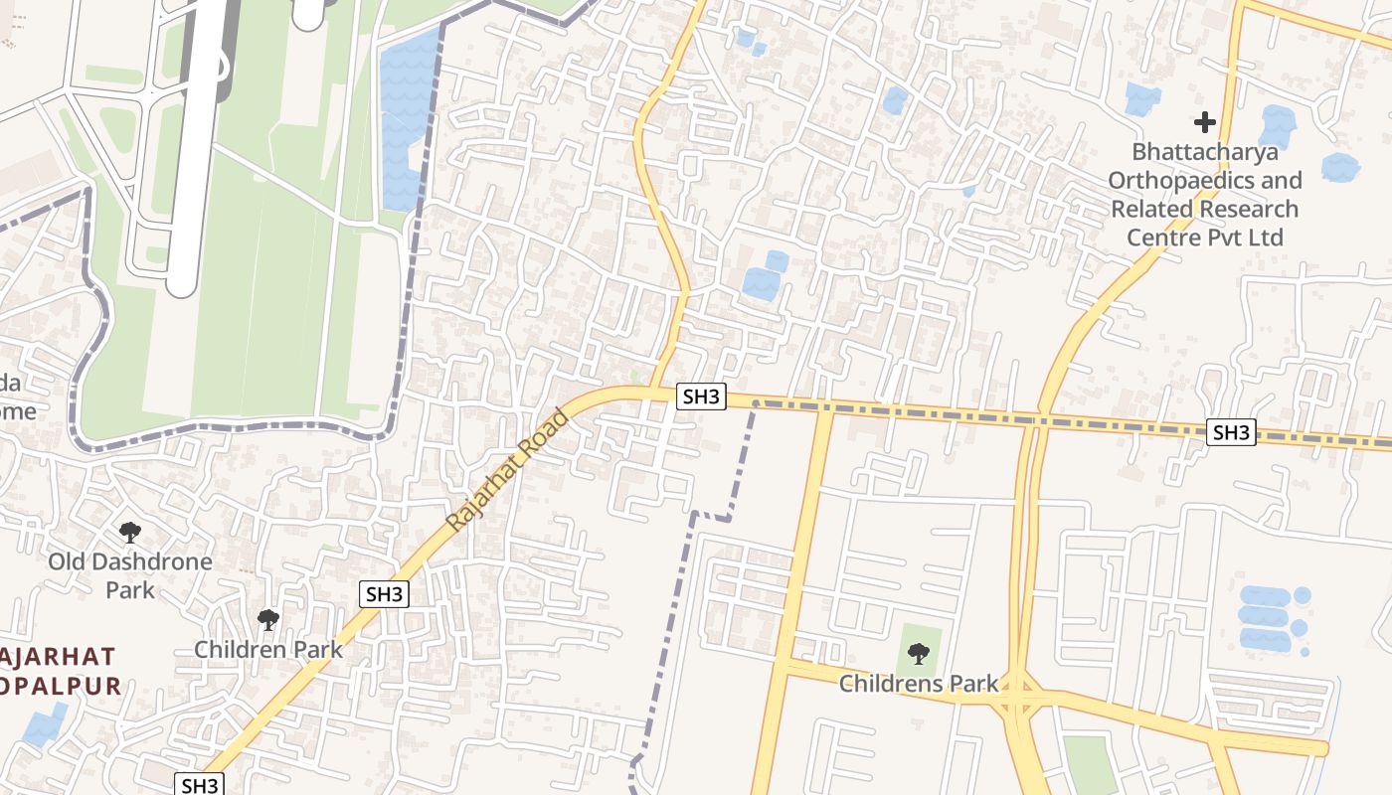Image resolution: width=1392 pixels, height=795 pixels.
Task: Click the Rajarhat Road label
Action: tap(507, 470)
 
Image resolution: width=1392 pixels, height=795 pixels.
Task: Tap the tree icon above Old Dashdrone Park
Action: tap(129, 533)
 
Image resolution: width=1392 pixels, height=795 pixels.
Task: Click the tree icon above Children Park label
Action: tap(267, 620)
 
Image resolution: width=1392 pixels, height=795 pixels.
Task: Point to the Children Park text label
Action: tap(268, 650)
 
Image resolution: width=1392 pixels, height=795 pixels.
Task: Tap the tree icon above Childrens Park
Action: tap(919, 654)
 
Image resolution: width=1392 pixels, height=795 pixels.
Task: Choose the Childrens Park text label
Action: tap(919, 684)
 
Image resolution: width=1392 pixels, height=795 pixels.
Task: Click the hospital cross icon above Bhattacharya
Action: tap(1205, 122)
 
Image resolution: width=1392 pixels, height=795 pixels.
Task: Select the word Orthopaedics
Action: tap(1204, 181)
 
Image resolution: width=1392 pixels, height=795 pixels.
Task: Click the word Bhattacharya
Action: tap(1205, 152)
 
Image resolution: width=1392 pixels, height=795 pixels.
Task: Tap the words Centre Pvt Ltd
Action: tap(1204, 238)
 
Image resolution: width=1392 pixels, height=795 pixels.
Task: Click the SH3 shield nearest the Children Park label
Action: tap(384, 594)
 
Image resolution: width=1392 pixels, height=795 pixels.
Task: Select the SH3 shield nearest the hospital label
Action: tap(1231, 432)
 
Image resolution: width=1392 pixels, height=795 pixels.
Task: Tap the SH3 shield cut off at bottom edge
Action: tap(200, 784)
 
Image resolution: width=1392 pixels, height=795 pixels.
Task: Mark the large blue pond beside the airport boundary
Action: tap(408, 119)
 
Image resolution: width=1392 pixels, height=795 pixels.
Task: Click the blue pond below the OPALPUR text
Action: tap(46, 724)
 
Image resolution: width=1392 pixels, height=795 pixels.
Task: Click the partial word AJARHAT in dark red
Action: tap(59, 657)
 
